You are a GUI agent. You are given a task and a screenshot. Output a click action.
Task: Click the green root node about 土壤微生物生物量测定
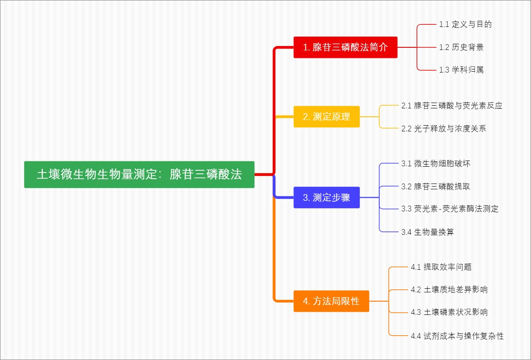[x=139, y=174]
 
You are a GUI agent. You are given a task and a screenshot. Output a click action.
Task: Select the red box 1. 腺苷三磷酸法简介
[x=345, y=47]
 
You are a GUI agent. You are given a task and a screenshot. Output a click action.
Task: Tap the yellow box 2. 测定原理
[x=326, y=117]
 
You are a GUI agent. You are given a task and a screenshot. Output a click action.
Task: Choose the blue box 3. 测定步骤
[x=326, y=198]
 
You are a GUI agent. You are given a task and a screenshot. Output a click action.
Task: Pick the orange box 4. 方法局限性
[x=331, y=301]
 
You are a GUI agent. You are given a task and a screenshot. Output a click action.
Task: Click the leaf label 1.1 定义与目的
[x=465, y=24]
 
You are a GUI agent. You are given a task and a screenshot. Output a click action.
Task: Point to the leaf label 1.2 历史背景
[x=461, y=47]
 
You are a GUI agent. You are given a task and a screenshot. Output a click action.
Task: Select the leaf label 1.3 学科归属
[x=461, y=70]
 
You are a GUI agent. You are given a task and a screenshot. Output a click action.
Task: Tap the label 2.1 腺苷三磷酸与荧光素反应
[x=451, y=106]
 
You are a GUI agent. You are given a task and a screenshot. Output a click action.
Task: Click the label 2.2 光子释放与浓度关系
[x=443, y=129]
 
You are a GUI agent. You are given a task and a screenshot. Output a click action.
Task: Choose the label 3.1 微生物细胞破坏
[x=435, y=164]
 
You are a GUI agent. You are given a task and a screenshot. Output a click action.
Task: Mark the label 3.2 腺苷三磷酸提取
[x=435, y=186]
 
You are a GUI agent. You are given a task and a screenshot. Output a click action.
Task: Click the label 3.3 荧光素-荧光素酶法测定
[x=450, y=209]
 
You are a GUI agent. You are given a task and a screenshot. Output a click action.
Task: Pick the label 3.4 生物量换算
[x=427, y=232]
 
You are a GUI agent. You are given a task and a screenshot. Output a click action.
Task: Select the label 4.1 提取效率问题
[x=441, y=267]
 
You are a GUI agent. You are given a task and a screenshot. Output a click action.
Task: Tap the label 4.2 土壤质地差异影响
[x=449, y=290]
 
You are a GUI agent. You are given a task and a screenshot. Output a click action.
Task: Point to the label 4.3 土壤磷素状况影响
[x=449, y=312]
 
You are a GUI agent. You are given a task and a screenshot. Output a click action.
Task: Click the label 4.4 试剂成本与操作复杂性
[x=457, y=336]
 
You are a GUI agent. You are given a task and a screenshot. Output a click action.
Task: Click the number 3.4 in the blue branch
[x=406, y=232]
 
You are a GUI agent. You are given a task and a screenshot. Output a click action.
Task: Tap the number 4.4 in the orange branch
[x=416, y=336]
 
